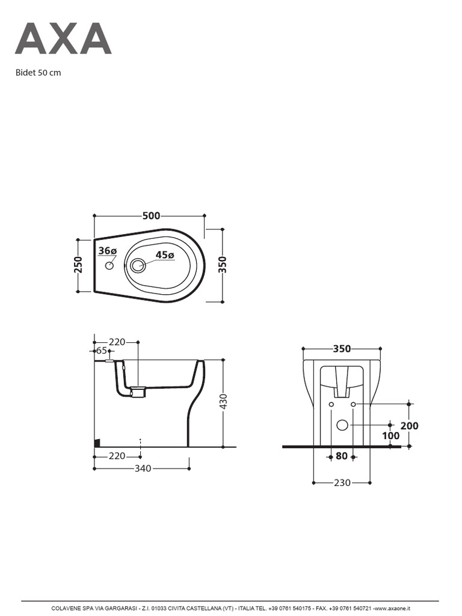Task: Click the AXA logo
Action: point(63,38)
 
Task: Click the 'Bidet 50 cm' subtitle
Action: point(38,73)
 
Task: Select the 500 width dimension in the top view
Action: point(151,216)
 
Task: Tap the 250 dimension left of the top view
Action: point(79,265)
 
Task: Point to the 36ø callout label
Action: point(107,251)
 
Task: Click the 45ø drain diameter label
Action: point(165,254)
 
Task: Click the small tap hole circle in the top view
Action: point(109,266)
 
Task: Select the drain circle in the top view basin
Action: point(138,266)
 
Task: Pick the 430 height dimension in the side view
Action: point(223,401)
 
